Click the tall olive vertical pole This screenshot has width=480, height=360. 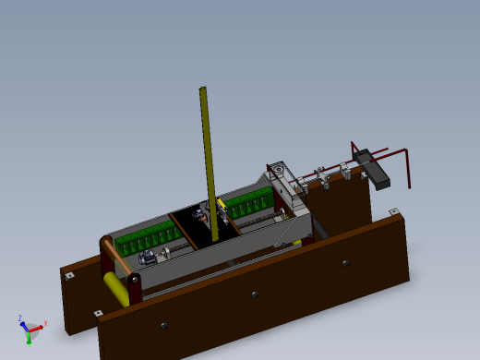(208, 157)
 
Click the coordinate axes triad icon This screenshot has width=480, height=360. (30, 328)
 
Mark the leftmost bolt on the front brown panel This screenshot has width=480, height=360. (164, 325)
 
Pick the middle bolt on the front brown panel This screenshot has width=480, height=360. (255, 294)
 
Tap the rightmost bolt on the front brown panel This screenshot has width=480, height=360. (345, 263)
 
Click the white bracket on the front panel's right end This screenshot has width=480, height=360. (394, 212)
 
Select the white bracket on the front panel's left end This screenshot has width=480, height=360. (98, 313)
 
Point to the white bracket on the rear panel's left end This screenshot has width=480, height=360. (68, 274)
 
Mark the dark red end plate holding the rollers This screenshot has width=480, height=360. (135, 288)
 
